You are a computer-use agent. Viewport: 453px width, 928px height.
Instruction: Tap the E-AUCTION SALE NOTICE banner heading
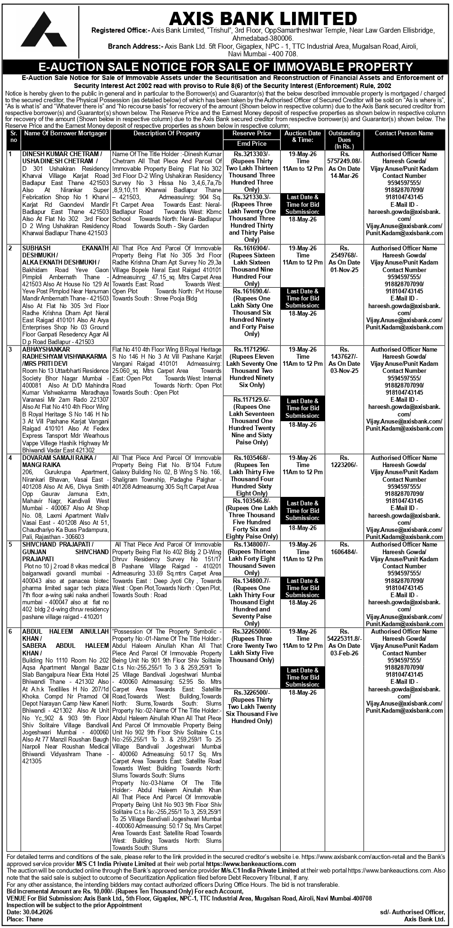pos(226,67)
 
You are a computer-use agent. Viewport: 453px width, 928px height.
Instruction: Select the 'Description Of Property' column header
pos(167,133)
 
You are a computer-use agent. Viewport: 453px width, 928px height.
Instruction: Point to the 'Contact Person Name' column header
pos(404,133)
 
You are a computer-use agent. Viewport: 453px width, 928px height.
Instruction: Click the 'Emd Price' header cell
pos(251,143)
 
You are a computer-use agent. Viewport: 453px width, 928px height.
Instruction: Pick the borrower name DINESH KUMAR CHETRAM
pos(62,154)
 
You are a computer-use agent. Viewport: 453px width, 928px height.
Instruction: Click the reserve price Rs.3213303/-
pos(251,154)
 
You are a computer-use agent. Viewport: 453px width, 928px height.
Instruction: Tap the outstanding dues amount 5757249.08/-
pos(345,161)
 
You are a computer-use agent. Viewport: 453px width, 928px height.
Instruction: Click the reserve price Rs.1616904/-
pos(251,248)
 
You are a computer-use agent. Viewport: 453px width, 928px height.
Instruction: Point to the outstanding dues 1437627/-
pos(345,357)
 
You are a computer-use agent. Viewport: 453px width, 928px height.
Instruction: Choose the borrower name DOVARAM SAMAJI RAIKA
pos(59,458)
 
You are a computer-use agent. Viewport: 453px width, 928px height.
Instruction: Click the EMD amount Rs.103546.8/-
pos(251,501)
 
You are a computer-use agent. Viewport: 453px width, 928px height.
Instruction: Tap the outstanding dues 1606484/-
pos(345,552)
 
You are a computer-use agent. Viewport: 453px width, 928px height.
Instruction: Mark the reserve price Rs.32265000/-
pos(251,632)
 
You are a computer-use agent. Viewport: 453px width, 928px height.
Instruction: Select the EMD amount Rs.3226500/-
pos(251,693)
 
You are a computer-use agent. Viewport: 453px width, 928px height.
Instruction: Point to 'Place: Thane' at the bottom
pos(25,919)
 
